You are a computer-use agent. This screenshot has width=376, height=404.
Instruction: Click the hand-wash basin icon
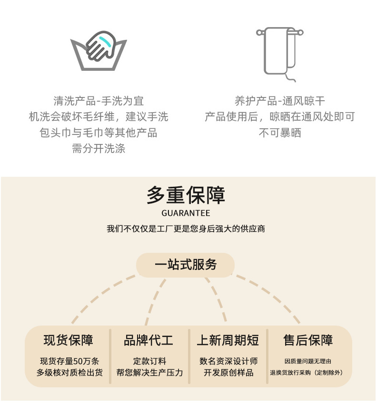(x=99, y=51)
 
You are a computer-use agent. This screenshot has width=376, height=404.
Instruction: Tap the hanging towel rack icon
(x=280, y=51)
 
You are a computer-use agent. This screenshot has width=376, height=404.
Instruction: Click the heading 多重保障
(x=186, y=195)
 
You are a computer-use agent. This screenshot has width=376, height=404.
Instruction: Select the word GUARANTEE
(x=186, y=213)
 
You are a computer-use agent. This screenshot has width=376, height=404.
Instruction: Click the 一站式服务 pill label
(x=186, y=265)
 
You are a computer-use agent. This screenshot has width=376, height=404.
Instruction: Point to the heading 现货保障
(x=68, y=340)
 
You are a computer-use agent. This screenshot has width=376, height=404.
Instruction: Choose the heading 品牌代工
(x=148, y=340)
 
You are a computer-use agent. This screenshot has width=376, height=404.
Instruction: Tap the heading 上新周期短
(x=228, y=340)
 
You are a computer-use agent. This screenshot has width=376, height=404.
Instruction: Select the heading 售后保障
(x=308, y=340)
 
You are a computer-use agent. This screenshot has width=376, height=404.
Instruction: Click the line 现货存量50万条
(x=69, y=361)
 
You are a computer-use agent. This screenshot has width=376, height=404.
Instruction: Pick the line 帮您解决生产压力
(x=149, y=373)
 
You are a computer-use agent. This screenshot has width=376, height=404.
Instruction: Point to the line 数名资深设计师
(x=228, y=361)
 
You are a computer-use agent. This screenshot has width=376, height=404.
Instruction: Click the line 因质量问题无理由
(x=308, y=361)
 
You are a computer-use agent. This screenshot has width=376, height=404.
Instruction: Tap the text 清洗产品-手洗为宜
(x=99, y=101)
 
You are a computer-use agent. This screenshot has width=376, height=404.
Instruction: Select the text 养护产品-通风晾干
(x=280, y=101)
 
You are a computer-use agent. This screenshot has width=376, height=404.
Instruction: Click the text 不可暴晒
(x=280, y=133)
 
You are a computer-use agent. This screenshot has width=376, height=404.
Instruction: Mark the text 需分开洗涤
(x=99, y=149)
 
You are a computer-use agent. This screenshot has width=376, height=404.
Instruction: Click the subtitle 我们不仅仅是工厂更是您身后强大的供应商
(x=186, y=229)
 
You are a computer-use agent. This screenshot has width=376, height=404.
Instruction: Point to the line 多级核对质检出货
(x=69, y=373)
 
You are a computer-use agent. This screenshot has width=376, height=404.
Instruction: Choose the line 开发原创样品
(x=228, y=373)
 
